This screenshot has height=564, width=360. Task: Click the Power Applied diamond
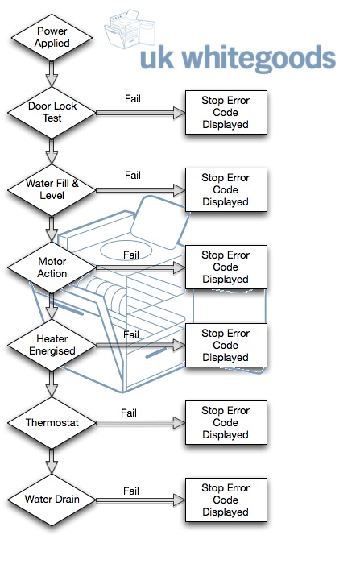coord(52,35)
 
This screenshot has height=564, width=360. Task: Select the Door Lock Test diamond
coord(52,112)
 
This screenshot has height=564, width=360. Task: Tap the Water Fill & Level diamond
coord(52,190)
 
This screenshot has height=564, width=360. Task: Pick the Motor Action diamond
coord(52,267)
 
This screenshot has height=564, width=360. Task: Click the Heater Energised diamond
coord(52,345)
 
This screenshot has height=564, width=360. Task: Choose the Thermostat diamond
coord(52,422)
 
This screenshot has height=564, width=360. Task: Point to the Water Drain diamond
coord(52,500)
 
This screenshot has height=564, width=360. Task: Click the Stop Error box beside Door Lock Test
coord(226,112)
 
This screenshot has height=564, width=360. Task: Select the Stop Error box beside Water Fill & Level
coord(226,190)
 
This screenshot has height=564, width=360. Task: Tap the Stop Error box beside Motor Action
coord(226,267)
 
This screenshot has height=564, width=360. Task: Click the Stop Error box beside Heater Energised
coord(226,345)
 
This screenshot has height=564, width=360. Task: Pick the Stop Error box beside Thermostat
coord(226,422)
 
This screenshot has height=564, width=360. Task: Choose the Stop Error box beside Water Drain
coord(226,500)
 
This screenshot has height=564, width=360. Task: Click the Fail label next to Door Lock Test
coord(134,98)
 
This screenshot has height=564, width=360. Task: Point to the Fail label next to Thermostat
coord(129,413)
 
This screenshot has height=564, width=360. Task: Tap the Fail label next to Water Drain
coord(131,490)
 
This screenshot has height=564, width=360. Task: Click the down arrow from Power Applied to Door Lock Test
coord(52,74)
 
